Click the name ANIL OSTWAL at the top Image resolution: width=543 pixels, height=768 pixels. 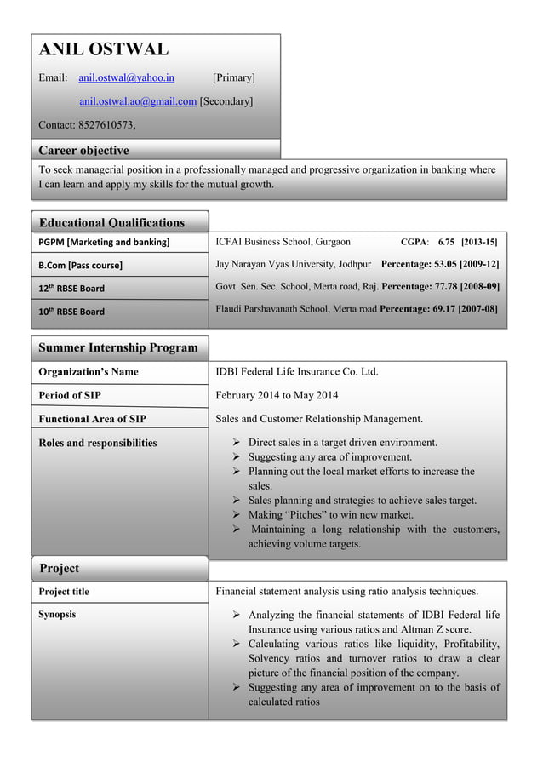(x=104, y=49)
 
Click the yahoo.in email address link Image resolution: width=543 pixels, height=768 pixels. (x=127, y=78)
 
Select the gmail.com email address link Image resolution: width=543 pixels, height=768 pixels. (x=137, y=103)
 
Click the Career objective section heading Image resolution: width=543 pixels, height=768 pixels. (x=84, y=151)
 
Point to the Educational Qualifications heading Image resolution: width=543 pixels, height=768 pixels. (x=111, y=223)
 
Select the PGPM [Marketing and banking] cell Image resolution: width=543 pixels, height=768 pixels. (x=102, y=244)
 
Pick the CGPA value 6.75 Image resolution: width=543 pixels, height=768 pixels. (x=446, y=243)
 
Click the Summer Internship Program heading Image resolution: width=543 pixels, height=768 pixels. (x=118, y=347)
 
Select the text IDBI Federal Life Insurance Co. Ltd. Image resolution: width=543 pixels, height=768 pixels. (x=297, y=372)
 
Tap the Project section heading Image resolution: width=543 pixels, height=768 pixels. (x=60, y=568)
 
